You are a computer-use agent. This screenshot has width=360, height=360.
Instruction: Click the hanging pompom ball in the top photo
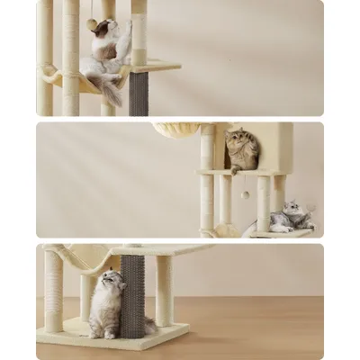click(x=92, y=25)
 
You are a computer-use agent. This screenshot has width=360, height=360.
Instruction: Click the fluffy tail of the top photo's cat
click(x=112, y=89)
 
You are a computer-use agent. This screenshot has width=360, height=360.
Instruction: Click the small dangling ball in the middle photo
click(x=244, y=194)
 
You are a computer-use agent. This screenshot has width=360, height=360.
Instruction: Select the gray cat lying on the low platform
click(x=291, y=217)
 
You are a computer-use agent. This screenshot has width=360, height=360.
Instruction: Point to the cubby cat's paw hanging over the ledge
click(x=234, y=168)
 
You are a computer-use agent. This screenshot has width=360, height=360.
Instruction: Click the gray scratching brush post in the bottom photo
click(x=132, y=292)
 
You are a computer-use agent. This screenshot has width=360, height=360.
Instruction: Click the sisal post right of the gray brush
click(x=163, y=290)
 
